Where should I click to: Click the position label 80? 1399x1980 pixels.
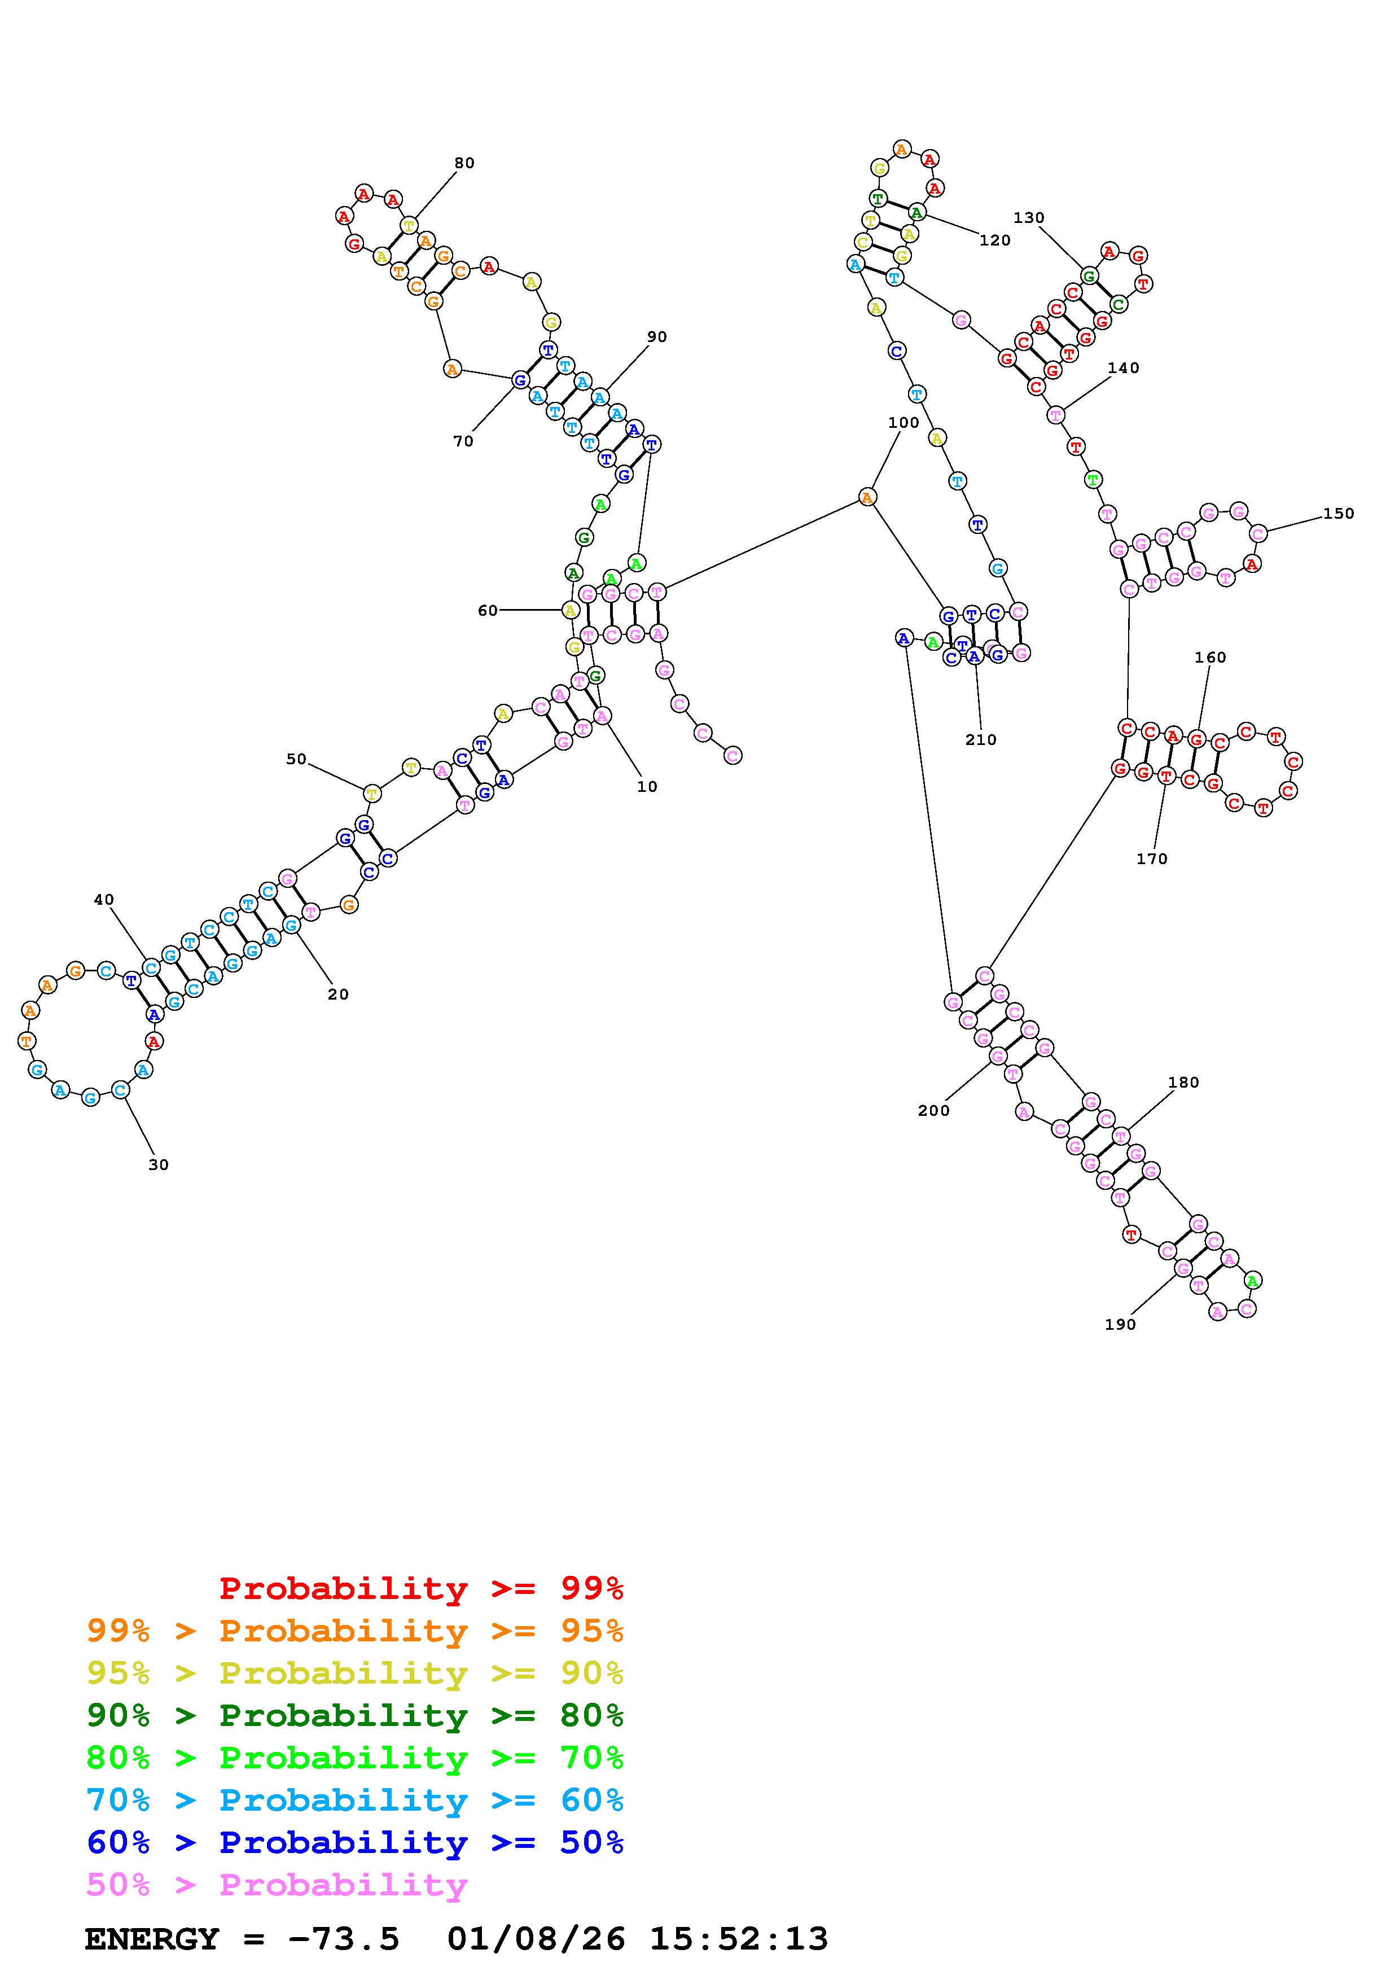464,163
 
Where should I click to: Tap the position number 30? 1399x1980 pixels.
159,1164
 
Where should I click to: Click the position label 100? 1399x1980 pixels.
904,423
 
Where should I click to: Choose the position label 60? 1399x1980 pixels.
488,611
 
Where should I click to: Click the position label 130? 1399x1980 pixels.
1028,218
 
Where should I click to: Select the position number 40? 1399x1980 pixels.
103,900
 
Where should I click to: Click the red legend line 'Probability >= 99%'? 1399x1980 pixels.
420,1588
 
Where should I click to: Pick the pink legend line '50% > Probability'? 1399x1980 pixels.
277,1885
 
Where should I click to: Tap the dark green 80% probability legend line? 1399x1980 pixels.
355,1715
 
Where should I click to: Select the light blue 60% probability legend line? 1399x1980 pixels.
355,1801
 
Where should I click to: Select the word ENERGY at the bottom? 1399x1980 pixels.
152,1939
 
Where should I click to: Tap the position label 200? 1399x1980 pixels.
933,1111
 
